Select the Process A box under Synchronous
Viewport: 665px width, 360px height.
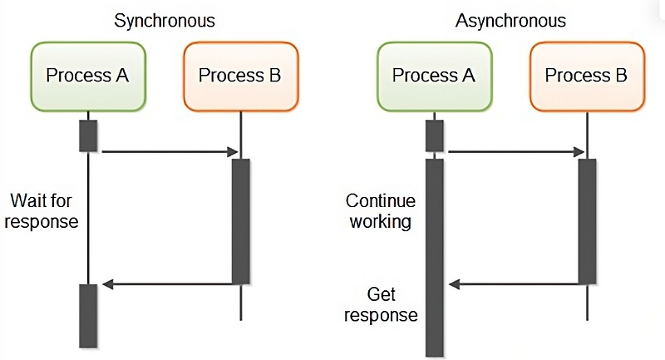pos(88,76)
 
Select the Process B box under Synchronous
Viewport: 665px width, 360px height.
pos(240,76)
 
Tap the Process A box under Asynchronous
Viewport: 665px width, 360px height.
pos(434,76)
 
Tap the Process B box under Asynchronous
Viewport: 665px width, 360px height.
pos(586,76)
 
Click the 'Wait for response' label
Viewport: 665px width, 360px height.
pos(44,210)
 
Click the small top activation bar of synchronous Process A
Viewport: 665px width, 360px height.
pos(88,136)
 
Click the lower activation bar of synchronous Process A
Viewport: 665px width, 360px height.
pos(88,315)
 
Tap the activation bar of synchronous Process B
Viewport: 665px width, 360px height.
pos(240,220)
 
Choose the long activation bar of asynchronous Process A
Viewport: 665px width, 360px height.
pos(434,258)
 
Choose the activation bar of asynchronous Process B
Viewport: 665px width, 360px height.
pos(587,220)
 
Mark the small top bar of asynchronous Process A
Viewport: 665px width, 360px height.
pos(434,136)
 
